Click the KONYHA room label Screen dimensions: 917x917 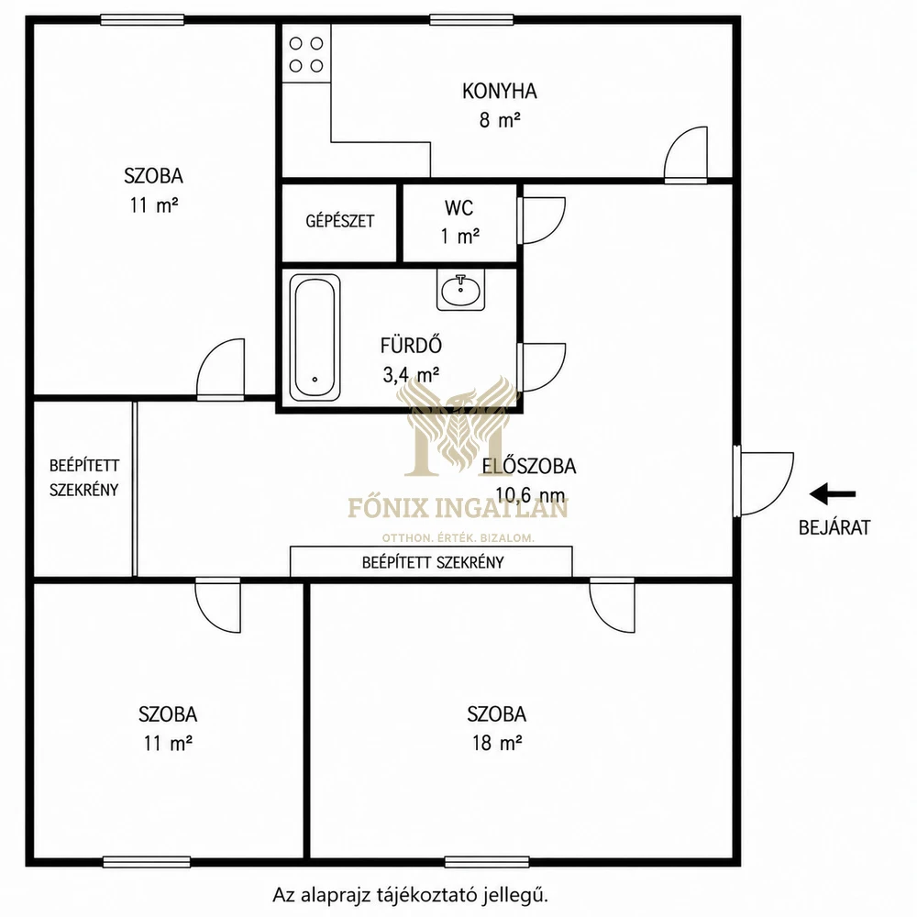499,91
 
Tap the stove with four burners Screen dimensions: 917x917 306,54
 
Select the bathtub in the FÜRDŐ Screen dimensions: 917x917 315,337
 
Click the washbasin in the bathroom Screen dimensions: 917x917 461,289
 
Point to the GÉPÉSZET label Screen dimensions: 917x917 340,221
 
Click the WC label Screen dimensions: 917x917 459,207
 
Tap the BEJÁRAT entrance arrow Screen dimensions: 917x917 833,493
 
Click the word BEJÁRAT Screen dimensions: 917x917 834,527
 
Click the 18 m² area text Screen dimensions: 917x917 497,743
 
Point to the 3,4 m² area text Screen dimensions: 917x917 411,374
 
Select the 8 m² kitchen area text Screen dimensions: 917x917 500,120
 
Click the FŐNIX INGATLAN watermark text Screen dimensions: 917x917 458,508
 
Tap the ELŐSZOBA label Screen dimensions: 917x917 529,466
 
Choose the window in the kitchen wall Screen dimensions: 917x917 472,20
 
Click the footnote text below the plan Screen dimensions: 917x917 411,895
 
